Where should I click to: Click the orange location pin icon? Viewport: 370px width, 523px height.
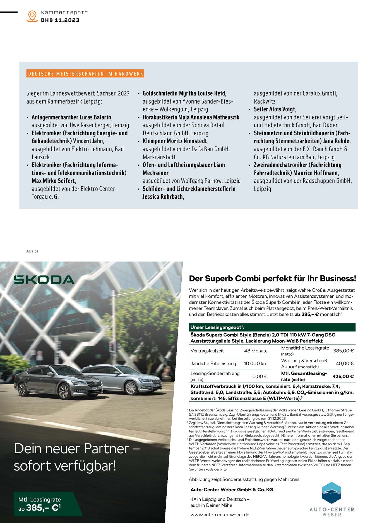point(32,16)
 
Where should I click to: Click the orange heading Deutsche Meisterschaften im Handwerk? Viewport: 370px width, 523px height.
point(85,74)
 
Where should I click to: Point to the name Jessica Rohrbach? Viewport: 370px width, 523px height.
point(163,197)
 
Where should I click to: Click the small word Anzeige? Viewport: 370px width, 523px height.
point(32,251)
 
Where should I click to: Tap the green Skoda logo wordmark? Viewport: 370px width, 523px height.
point(44,280)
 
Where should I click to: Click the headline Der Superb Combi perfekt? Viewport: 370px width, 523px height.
point(272,279)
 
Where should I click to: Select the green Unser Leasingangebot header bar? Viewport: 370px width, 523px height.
point(272,327)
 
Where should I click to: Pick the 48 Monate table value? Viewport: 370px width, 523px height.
point(256,351)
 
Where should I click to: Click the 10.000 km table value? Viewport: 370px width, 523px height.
point(255,363)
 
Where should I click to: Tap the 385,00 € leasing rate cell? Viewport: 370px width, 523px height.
point(343,351)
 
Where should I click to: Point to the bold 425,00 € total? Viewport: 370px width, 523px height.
point(343,376)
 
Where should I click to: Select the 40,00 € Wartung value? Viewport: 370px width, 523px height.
point(345,363)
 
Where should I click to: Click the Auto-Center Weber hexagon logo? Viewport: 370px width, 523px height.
point(331,493)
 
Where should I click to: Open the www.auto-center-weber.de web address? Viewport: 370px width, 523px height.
point(220,515)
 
